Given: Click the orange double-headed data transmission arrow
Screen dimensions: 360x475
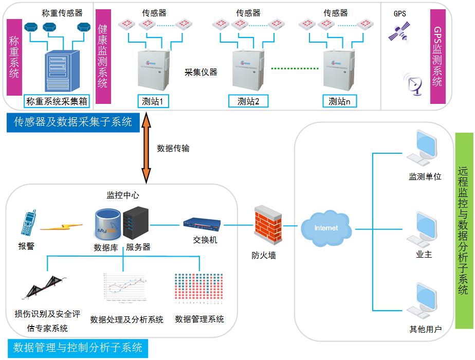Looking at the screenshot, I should pos(147,148).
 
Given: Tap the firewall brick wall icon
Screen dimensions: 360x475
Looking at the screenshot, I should pos(268,226).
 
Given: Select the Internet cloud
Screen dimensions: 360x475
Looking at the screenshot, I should pos(326,226).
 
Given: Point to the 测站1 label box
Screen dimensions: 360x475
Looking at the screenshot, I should pos(152,101).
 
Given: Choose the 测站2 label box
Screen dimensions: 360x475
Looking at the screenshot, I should pos(249,101).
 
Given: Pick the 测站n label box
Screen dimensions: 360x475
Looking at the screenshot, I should pos(339,101).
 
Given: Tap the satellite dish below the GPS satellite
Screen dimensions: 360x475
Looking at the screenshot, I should pos(414,84).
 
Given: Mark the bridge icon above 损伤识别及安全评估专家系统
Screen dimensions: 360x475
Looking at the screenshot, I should pos(45,289).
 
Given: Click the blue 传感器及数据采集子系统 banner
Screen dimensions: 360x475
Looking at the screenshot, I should pos(73,122).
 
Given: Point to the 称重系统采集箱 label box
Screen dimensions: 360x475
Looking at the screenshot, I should pos(57,101).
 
